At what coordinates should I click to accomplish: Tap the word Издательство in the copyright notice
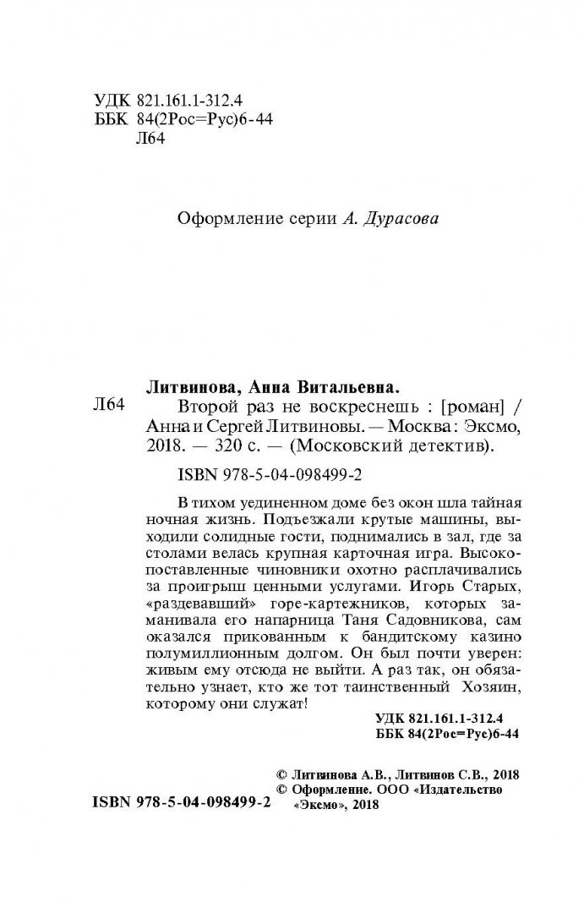pos(461,789)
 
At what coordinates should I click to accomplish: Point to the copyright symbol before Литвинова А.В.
pos(282,774)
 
